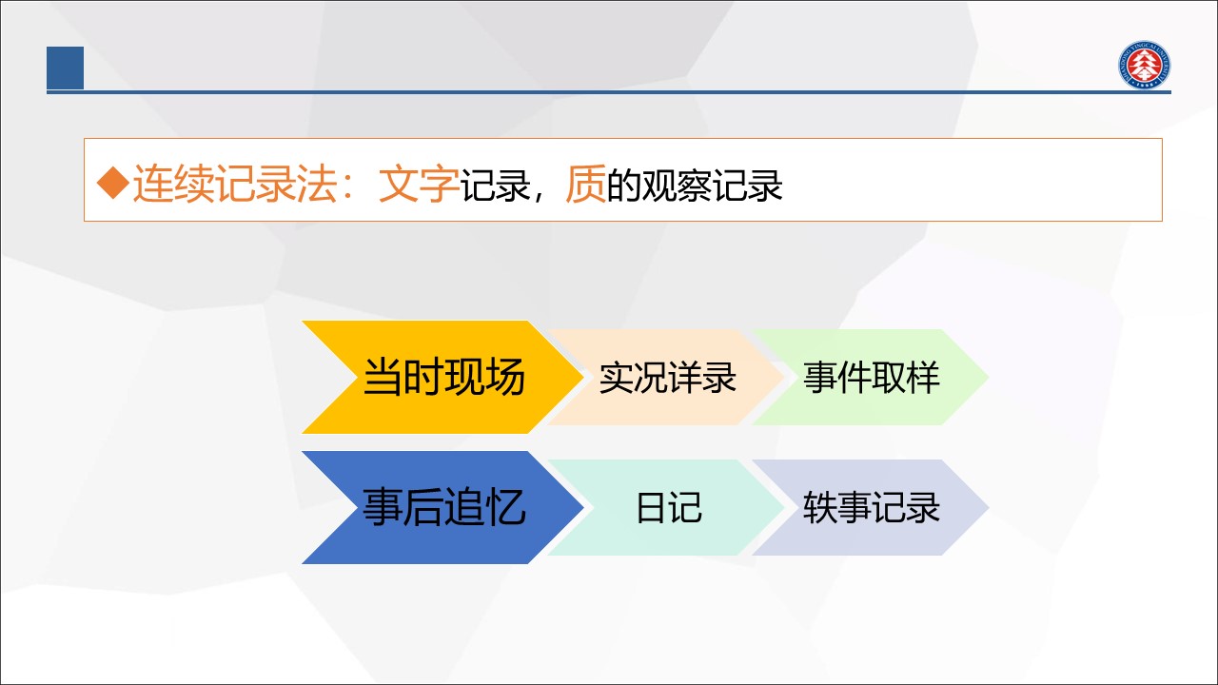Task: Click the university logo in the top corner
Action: pyautogui.click(x=1145, y=65)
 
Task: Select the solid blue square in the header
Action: pyautogui.click(x=66, y=68)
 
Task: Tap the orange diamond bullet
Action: pyautogui.click(x=113, y=183)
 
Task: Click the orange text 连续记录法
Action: pyautogui.click(x=235, y=184)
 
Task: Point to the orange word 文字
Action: pyautogui.click(x=419, y=184)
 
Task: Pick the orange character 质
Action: pyautogui.click(x=585, y=184)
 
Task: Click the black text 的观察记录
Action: pyautogui.click(x=695, y=185)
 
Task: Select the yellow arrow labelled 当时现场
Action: pyautogui.click(x=442, y=377)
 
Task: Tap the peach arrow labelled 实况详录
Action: pyautogui.click(x=667, y=377)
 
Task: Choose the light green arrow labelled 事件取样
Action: pyautogui.click(x=871, y=377)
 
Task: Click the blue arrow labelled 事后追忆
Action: pyautogui.click(x=442, y=507)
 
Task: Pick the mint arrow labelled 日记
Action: pyautogui.click(x=667, y=507)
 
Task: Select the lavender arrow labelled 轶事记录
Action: pyautogui.click(x=871, y=507)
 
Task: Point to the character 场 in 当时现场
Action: pyautogui.click(x=505, y=377)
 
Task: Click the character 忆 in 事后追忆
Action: pyautogui.click(x=505, y=507)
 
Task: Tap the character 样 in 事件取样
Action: pyautogui.click(x=923, y=378)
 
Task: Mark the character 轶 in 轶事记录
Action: pyautogui.click(x=820, y=508)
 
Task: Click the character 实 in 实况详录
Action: pyautogui.click(x=616, y=378)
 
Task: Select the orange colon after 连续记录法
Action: pyautogui.click(x=348, y=186)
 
